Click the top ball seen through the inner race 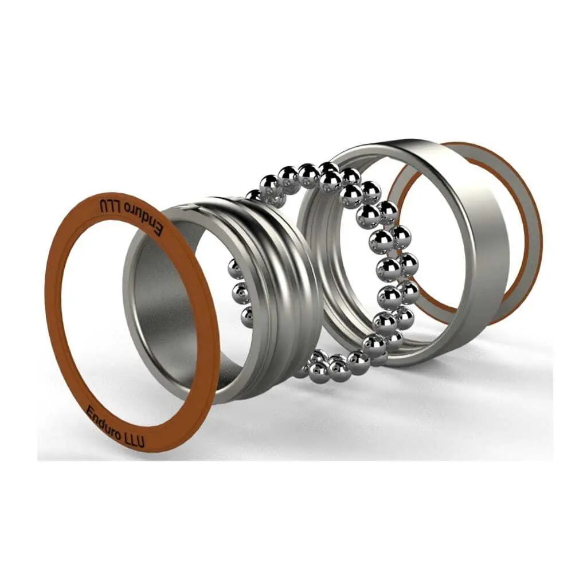pyautogui.click(x=234, y=269)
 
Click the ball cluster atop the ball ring pyautogui.click(x=310, y=175)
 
